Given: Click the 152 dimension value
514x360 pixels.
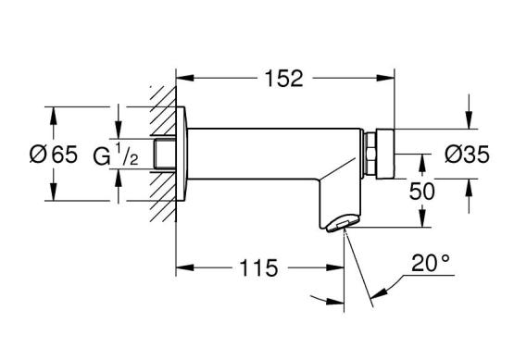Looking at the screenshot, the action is pyautogui.click(x=284, y=79).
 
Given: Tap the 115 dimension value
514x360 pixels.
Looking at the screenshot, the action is pyautogui.click(x=258, y=268).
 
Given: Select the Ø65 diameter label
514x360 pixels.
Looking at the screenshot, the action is pyautogui.click(x=54, y=154).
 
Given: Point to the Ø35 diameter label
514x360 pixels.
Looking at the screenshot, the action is pyautogui.click(x=467, y=154).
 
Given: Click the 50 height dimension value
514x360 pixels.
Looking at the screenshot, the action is pyautogui.click(x=422, y=191).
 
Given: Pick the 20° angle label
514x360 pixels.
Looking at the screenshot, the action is pyautogui.click(x=430, y=263).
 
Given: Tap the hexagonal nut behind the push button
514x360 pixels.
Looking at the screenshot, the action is pyautogui.click(x=370, y=154).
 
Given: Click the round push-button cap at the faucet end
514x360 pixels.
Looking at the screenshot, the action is pyautogui.click(x=385, y=154).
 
